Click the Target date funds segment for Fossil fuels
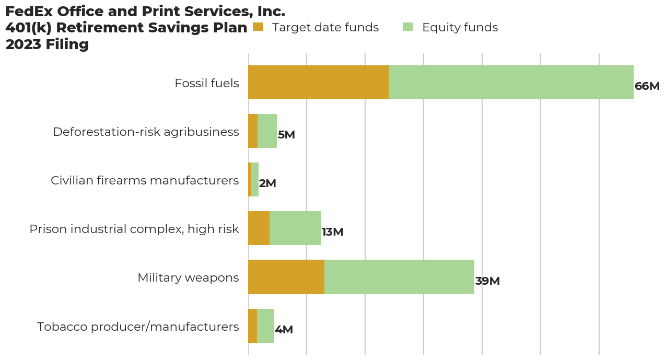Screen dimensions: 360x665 click(x=318, y=83)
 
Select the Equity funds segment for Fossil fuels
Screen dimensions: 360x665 click(x=511, y=83)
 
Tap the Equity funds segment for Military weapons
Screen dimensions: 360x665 click(x=399, y=277)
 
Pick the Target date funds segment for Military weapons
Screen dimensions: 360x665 click(x=286, y=277)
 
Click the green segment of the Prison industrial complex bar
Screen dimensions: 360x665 click(x=295, y=228)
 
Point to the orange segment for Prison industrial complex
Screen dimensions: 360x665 click(x=259, y=228)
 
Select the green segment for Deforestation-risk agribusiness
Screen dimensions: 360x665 click(x=267, y=131)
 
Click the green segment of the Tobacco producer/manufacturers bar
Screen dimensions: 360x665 click(x=265, y=326)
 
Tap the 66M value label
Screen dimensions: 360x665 click(x=647, y=86)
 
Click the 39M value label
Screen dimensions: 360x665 click(x=487, y=281)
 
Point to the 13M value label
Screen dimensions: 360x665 click(x=332, y=232)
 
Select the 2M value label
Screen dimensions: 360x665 click(x=267, y=183)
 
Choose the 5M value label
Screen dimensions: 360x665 click(x=286, y=135)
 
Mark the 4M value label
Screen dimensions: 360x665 click(x=284, y=330)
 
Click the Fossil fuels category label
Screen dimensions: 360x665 click(x=207, y=83)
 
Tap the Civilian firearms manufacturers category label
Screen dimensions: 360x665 click(x=145, y=180)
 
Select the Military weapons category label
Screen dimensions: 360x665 click(x=188, y=277)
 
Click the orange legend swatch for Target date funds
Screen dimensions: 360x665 click(x=257, y=27)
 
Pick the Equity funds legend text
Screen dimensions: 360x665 click(x=460, y=27)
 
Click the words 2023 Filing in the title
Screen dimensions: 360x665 click(x=47, y=44)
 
